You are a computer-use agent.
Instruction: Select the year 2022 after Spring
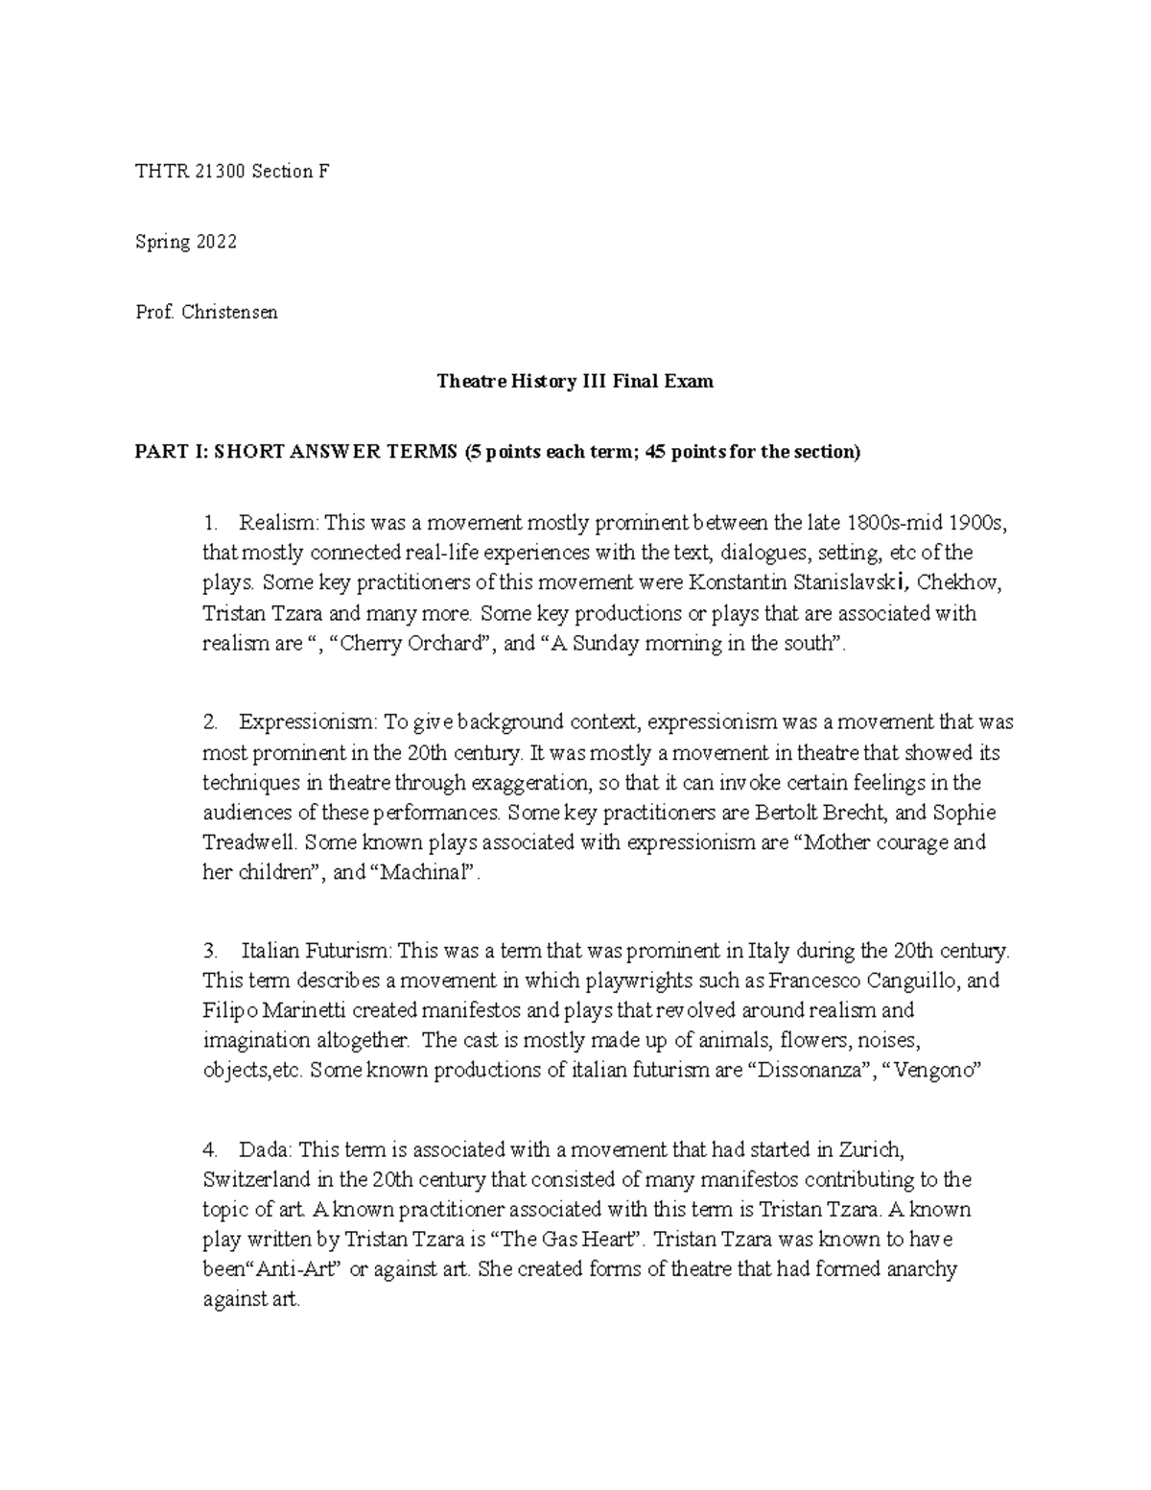pyautogui.click(x=216, y=242)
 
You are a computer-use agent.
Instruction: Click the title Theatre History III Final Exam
pyautogui.click(x=575, y=382)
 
